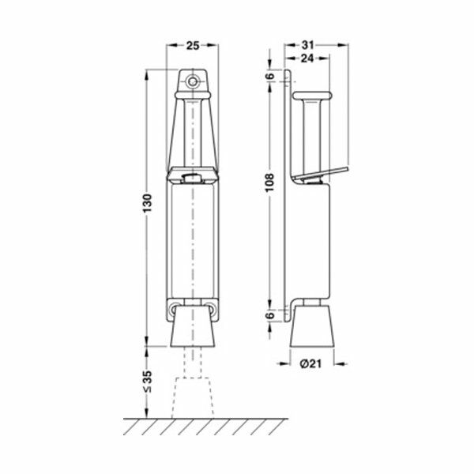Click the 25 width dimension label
point(192,45)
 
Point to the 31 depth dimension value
point(309,45)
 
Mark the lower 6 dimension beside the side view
point(269,315)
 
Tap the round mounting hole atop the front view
point(192,80)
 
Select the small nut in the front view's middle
point(191,179)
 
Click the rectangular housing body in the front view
point(192,241)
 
